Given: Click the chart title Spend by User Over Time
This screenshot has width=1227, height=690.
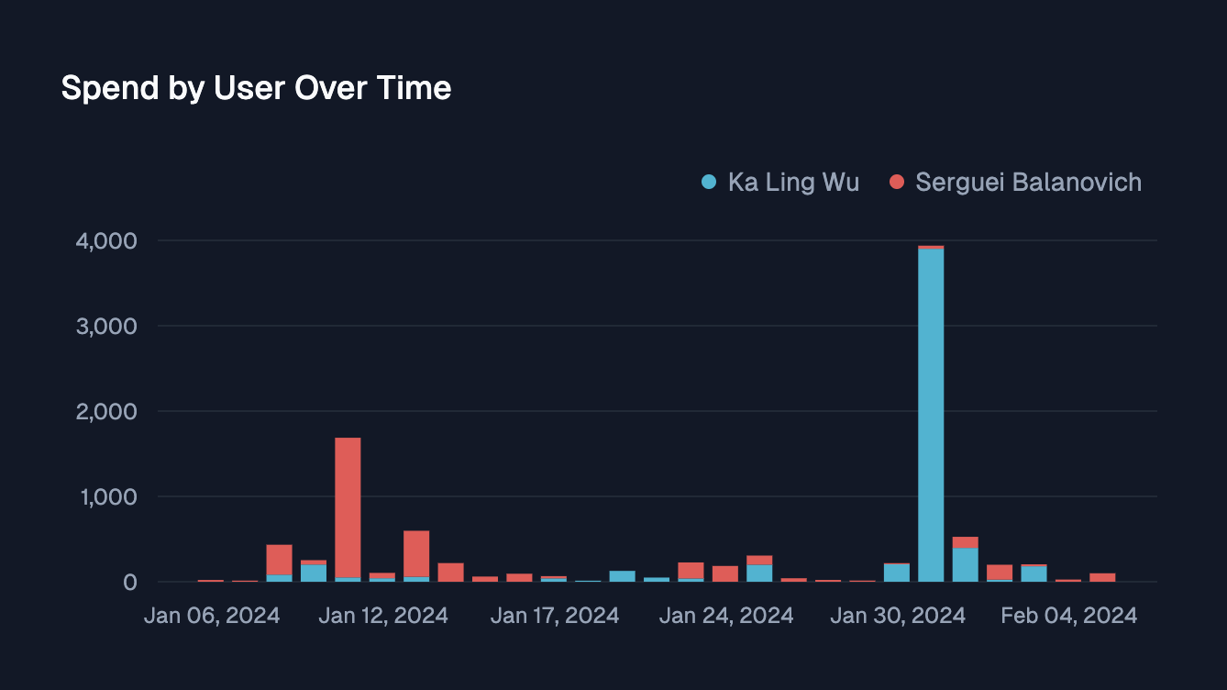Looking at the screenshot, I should tap(256, 88).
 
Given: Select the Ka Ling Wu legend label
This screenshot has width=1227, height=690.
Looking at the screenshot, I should tap(793, 182).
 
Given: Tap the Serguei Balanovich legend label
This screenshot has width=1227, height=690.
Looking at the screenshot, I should tap(1028, 182).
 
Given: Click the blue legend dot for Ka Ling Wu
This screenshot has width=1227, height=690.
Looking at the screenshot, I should tap(709, 182).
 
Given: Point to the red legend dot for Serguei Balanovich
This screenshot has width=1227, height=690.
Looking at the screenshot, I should tap(897, 182).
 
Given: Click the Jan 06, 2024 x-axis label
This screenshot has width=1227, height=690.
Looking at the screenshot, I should tap(212, 615).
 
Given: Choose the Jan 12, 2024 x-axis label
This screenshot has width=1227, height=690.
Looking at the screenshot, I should tap(383, 615).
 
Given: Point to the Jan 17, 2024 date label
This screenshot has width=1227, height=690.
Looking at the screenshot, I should tap(555, 615).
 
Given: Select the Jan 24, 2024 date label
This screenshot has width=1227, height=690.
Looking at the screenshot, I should tap(726, 615).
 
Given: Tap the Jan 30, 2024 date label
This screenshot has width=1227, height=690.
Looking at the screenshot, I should tap(898, 615).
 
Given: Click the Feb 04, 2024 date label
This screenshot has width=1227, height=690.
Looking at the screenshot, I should tap(1069, 615).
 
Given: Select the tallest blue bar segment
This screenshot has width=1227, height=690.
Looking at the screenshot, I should tap(931, 413).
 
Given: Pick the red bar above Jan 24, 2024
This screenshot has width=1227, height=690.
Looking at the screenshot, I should tap(725, 573).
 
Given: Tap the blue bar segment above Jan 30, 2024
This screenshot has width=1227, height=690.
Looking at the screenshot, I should tap(897, 573).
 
